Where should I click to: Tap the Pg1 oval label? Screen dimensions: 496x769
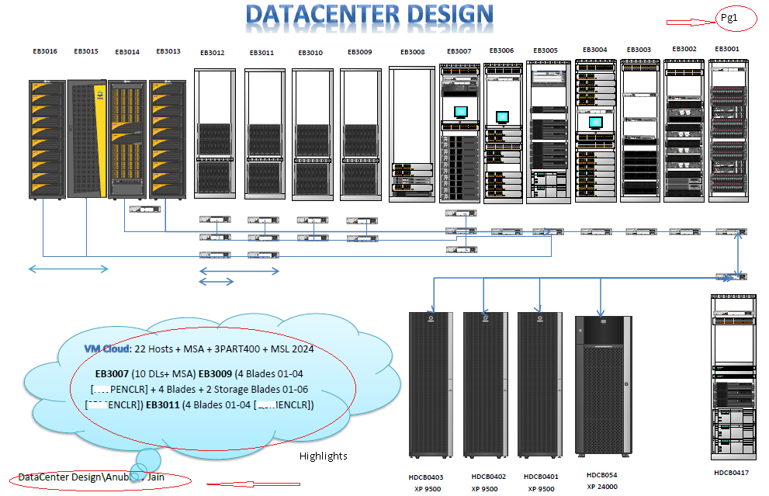coord(729,18)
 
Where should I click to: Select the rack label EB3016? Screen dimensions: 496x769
coord(44,51)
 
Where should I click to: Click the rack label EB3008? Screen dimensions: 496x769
coord(412,52)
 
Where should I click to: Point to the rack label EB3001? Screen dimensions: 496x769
coord(727,49)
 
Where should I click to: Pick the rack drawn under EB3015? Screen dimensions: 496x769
coord(86,138)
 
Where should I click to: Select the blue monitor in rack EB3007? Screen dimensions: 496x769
coord(461,111)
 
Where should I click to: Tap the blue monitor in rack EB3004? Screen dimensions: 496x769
coord(595,122)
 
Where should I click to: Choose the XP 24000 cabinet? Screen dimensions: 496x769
coord(602,384)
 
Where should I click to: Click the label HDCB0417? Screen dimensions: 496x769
coord(731,472)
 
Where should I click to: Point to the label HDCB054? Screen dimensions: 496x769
coord(601,474)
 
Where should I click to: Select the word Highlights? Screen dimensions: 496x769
coord(324,456)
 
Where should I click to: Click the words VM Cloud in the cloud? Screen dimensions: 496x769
coord(102,349)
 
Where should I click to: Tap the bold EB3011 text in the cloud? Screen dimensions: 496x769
coord(162,404)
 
